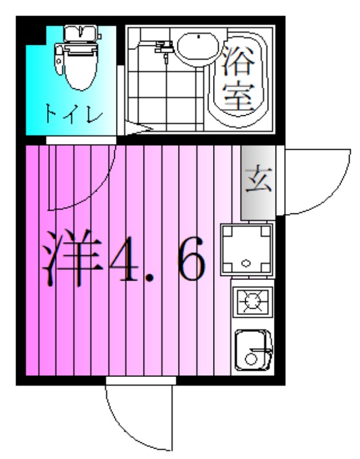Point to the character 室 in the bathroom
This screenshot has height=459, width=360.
click(x=238, y=98)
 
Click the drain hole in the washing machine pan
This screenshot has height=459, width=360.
click(x=246, y=263)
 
